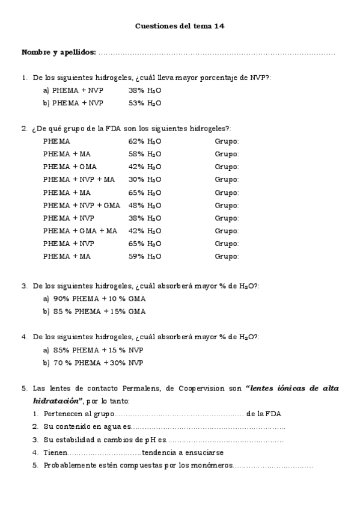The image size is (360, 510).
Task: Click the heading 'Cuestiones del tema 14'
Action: coord(180,26)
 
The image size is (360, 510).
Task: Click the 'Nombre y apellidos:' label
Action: coord(58,52)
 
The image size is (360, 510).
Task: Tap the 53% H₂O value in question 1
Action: coord(144,103)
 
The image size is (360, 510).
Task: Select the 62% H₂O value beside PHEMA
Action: coord(144,141)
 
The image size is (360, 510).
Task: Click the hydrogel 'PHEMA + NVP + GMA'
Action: coord(82,205)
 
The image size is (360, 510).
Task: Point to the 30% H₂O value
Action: coord(144,179)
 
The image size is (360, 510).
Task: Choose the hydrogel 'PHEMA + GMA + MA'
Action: coord(81,230)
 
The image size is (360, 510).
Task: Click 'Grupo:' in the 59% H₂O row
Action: coord(227,256)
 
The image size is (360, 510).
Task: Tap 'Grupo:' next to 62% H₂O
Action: coord(227,141)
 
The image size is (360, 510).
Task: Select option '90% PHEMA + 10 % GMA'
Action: coord(99,299)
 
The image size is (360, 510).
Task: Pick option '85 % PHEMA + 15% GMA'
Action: coord(99,312)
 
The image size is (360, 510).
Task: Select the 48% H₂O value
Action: coord(144,205)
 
